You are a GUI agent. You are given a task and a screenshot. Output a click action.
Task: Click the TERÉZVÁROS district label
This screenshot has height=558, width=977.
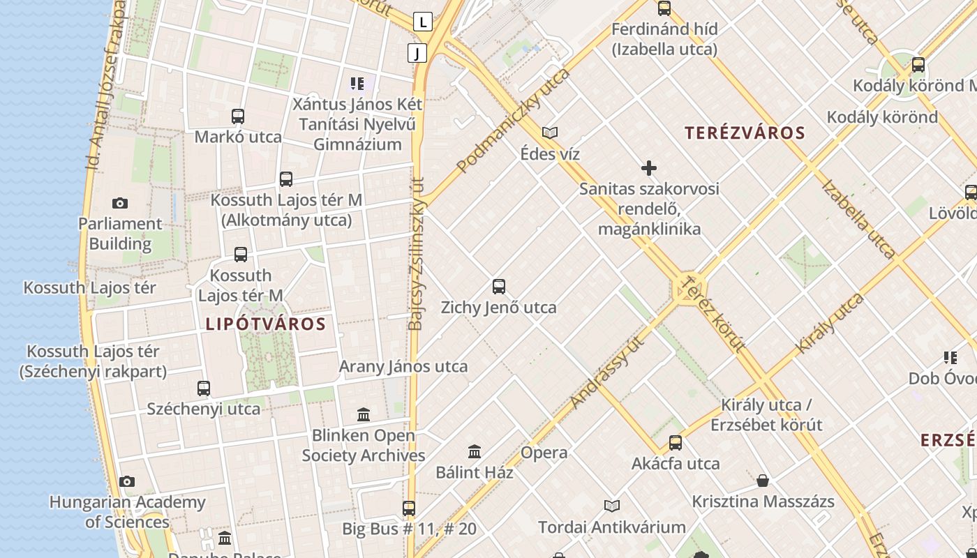tap(745, 133)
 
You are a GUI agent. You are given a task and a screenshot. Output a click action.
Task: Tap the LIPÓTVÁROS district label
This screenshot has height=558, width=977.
tap(266, 324)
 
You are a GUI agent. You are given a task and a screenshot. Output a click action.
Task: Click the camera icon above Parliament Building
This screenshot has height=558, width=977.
tap(120, 204)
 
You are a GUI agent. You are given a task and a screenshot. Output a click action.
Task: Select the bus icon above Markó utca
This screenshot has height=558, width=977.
tap(238, 116)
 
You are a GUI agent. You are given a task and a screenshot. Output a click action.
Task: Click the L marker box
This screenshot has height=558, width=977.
tap(422, 22)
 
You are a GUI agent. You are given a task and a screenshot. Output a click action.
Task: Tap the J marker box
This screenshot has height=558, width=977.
tap(417, 53)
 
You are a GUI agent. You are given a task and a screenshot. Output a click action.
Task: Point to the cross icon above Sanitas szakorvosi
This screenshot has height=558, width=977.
tap(649, 168)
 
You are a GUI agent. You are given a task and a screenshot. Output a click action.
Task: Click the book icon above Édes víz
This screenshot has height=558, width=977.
tap(550, 133)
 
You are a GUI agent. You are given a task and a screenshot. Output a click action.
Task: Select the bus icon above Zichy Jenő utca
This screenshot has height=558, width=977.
tap(499, 286)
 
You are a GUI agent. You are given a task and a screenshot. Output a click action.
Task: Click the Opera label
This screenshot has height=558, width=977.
tap(544, 453)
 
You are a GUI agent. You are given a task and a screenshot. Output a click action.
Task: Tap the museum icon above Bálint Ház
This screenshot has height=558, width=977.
tap(475, 451)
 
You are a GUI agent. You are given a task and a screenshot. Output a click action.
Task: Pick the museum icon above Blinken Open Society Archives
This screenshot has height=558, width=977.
tap(364, 415)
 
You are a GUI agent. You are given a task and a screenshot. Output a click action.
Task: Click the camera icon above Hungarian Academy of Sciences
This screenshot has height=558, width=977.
tap(127, 481)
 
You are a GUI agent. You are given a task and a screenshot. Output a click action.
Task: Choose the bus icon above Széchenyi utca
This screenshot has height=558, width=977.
tap(204, 388)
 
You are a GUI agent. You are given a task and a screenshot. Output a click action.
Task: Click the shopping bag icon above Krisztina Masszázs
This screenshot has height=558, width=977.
tap(763, 481)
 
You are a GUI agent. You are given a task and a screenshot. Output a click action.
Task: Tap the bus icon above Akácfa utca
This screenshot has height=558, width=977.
tap(675, 443)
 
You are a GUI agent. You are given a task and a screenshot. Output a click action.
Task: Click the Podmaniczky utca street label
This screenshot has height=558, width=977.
tap(513, 121)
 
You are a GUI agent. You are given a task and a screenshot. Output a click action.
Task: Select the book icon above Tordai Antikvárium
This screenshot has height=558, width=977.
tap(612, 506)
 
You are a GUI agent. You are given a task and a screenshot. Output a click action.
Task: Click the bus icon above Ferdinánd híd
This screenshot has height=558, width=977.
tap(664, 8)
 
